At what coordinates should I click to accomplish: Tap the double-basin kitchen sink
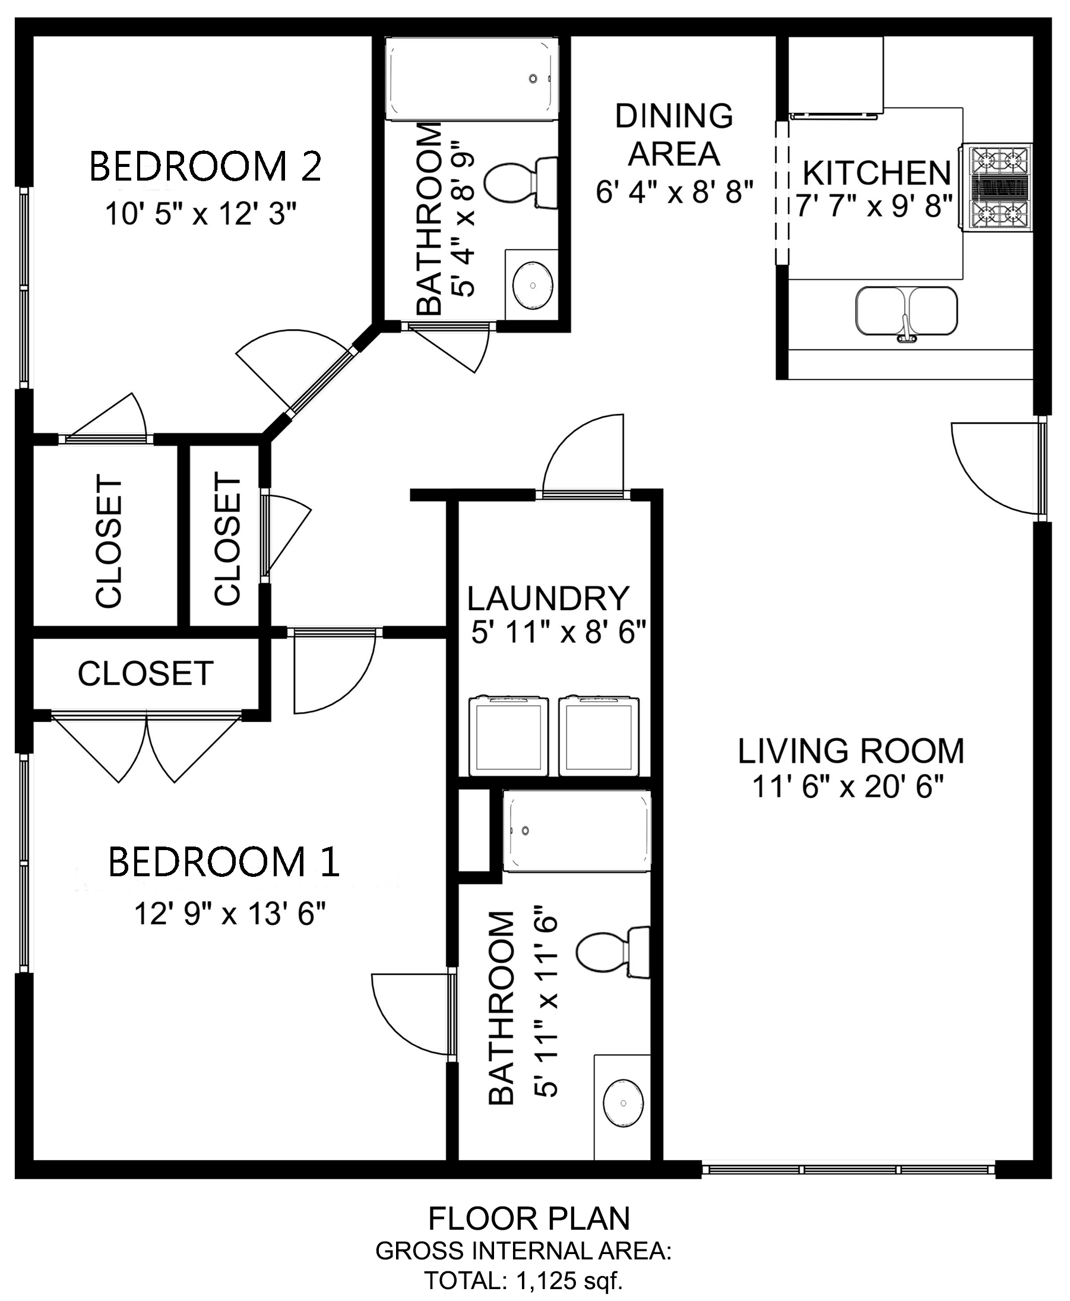[x=906, y=311]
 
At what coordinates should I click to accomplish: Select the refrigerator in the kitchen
[x=836, y=75]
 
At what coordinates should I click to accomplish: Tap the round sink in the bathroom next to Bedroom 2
[x=533, y=286]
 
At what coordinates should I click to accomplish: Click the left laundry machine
[x=508, y=736]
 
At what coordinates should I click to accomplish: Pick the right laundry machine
[x=599, y=736]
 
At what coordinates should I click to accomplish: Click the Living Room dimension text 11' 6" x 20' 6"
[x=848, y=788]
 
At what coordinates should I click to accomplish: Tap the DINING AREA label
[x=674, y=134]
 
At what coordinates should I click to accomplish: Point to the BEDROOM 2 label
[x=206, y=166]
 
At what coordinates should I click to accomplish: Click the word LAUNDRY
[x=548, y=598]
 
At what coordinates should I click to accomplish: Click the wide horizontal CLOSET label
[x=145, y=673]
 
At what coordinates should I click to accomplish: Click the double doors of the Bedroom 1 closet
[x=147, y=747]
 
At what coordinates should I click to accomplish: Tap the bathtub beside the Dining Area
[x=471, y=78]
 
